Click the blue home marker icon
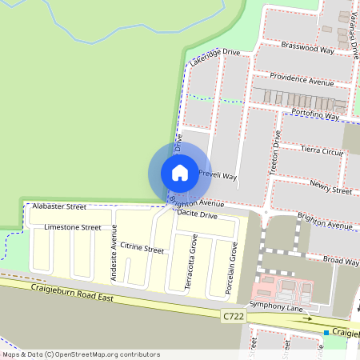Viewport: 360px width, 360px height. (x=180, y=172)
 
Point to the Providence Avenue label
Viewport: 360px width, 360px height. (x=301, y=78)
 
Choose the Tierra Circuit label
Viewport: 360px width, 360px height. (x=320, y=150)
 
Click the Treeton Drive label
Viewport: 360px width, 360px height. (x=276, y=150)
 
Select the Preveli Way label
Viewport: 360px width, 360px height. (x=218, y=175)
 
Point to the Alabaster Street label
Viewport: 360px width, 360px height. (x=59, y=206)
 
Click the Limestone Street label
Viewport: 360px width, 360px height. (x=73, y=227)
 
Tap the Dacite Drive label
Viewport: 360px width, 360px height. (x=197, y=214)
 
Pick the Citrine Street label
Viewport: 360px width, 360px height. (x=142, y=250)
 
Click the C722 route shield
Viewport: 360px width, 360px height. (x=232, y=317)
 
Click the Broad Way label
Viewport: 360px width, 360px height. (x=342, y=260)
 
